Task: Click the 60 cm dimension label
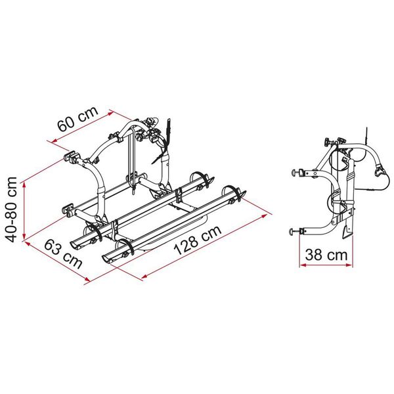pos(77,119)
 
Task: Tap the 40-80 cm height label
pos(11,209)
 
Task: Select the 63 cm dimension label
pos(63,253)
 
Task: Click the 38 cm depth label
pos(326,255)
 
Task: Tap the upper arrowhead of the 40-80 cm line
pos(24,185)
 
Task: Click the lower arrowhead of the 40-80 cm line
pos(24,236)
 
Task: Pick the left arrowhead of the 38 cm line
pos(303,265)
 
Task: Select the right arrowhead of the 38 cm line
pos(349,265)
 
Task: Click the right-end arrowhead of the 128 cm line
pos(263,216)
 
